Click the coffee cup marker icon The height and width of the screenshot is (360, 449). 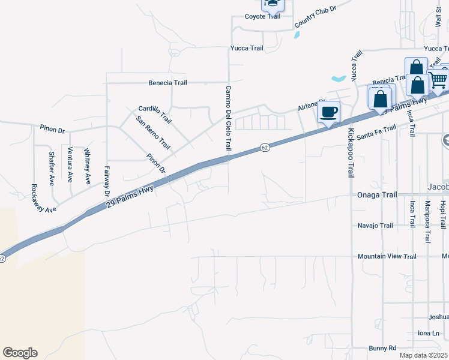pos(328,112)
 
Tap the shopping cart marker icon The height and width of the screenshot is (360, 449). pos(438,79)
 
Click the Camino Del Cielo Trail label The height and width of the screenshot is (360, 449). pos(229,118)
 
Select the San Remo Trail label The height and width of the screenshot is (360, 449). pos(153,133)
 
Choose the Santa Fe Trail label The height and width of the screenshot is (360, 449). pos(377,132)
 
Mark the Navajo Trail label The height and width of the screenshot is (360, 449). pos(375,226)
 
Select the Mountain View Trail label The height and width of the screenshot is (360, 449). pos(387,256)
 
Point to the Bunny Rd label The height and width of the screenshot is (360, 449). pos(382,347)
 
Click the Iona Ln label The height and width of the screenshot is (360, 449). pos(429,333)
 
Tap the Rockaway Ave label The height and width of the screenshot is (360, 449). pos(44,198)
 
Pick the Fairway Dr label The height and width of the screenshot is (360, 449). pos(107,181)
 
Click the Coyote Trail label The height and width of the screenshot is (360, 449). pos(262,16)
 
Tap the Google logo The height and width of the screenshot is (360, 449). pos(20,353)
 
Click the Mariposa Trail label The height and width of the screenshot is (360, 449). pos(428,222)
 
